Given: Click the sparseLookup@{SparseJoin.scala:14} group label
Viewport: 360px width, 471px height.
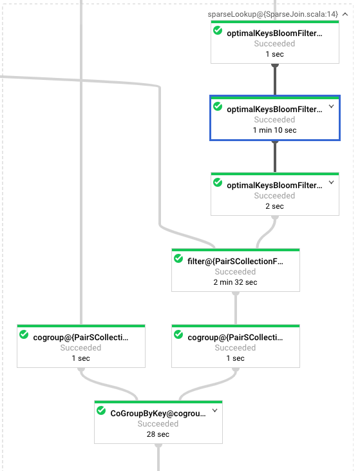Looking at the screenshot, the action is [272, 14].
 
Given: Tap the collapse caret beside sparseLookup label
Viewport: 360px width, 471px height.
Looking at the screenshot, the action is [345, 14].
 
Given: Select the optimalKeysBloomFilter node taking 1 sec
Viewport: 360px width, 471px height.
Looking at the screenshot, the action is [275, 42].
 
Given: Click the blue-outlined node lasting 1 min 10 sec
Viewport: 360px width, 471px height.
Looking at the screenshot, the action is [275, 118].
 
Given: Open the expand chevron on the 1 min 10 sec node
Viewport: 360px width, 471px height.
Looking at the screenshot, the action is [332, 106].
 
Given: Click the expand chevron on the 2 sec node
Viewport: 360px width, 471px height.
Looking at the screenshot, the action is [332, 182].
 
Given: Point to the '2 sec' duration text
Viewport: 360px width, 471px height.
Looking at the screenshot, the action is [274, 206].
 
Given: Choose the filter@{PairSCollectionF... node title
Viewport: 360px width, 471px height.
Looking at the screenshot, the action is [235, 262].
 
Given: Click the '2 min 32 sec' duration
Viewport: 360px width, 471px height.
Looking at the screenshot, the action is [235, 282].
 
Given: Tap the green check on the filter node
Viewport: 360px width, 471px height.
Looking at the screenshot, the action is [178, 258].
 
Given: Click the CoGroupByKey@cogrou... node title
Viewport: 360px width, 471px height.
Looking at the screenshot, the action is [158, 413].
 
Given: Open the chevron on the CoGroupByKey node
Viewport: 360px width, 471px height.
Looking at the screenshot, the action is [215, 410].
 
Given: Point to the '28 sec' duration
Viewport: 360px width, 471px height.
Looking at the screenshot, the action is [158, 434].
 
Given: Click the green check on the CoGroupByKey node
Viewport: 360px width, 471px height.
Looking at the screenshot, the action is [101, 410].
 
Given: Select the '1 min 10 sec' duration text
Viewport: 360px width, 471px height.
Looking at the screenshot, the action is [274, 130].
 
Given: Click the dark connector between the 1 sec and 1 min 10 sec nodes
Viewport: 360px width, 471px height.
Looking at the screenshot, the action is [275, 80].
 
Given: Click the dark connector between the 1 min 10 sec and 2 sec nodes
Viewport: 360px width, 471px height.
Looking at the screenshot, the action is [275, 156].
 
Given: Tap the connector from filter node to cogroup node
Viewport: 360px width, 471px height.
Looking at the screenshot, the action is [236, 308].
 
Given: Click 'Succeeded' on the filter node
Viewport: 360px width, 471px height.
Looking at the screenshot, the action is [235, 271].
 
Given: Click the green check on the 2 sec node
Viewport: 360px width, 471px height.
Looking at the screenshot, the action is [218, 182].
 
